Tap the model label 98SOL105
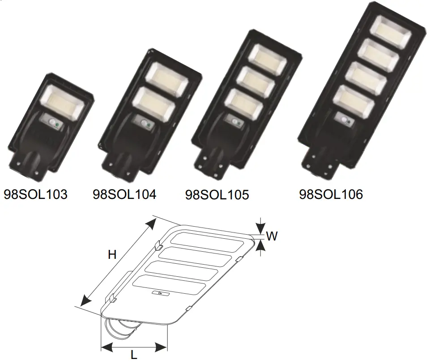coord(217,195)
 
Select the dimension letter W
coord(272,236)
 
